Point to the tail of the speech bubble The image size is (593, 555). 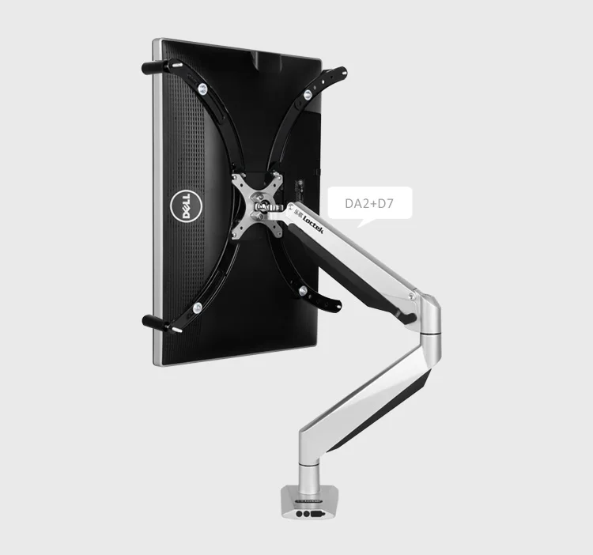coord(360,223)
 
